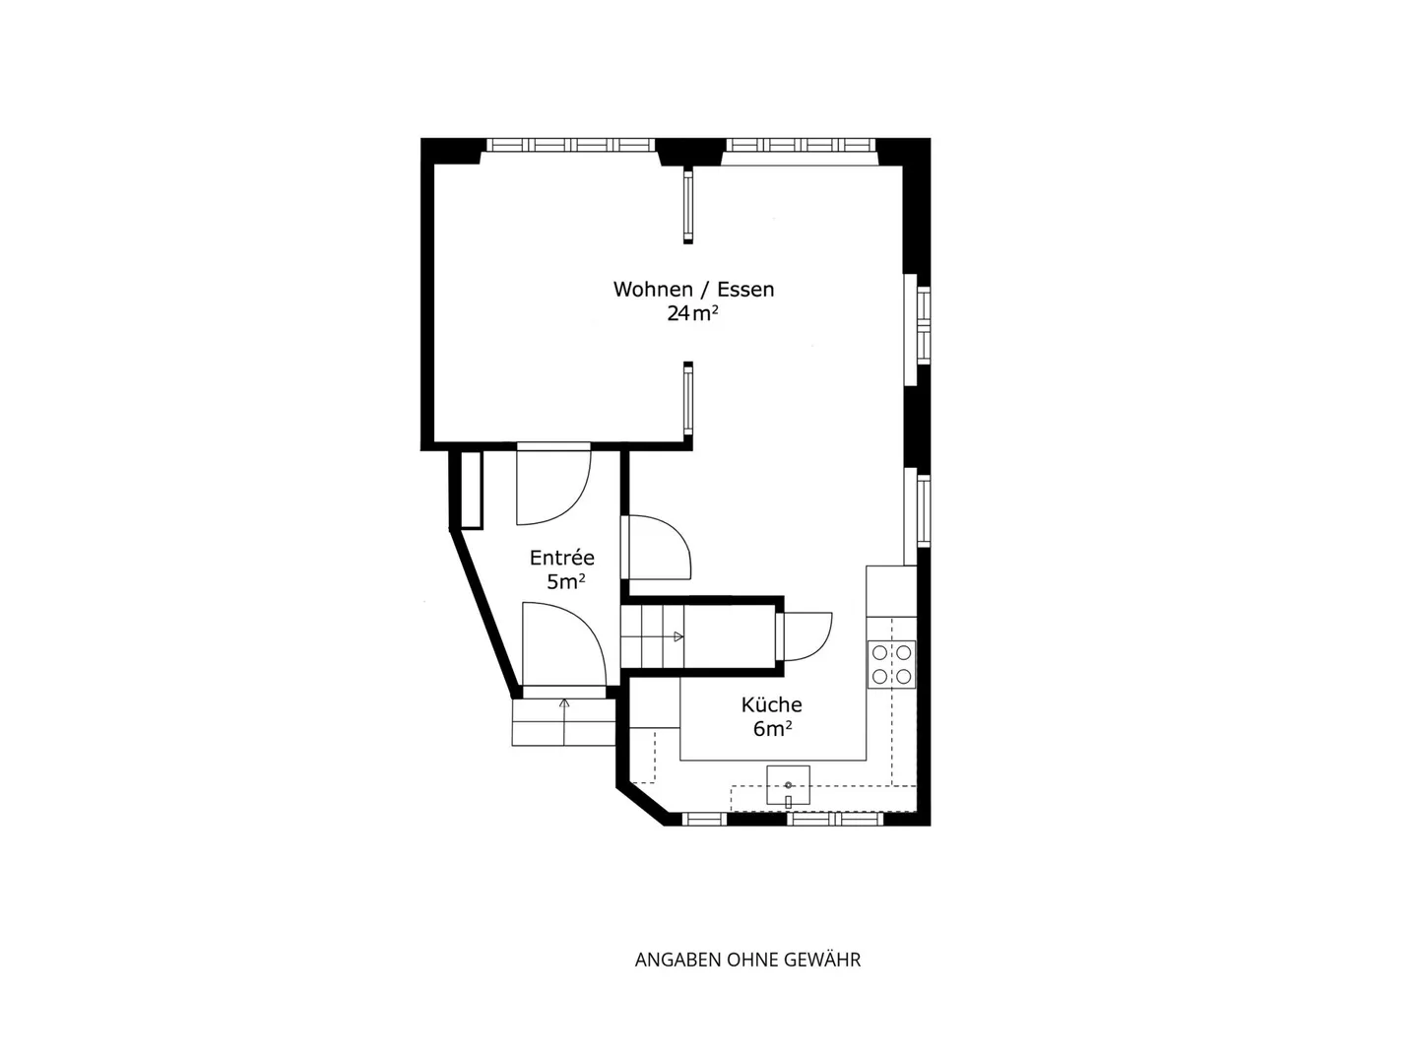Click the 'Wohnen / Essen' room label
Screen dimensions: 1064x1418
click(693, 290)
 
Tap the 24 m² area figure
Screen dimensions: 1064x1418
click(692, 314)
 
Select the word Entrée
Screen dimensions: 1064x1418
click(561, 558)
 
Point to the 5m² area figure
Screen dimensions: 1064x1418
click(566, 582)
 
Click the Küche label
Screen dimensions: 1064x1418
click(771, 704)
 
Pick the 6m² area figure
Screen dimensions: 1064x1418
click(773, 729)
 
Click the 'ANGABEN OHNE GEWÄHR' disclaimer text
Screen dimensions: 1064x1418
click(747, 960)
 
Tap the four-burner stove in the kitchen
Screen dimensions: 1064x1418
click(890, 664)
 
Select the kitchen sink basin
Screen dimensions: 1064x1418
click(788, 784)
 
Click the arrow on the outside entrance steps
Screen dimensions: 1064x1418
click(564, 704)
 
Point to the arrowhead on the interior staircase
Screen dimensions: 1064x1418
click(677, 637)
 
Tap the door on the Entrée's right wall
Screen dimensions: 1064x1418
click(658, 548)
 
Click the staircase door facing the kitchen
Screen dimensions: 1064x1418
click(806, 635)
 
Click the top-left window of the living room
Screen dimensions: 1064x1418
click(571, 145)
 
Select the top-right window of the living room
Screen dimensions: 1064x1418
click(801, 145)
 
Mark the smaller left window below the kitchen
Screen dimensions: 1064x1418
click(705, 819)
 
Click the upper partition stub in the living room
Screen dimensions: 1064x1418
click(688, 205)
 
